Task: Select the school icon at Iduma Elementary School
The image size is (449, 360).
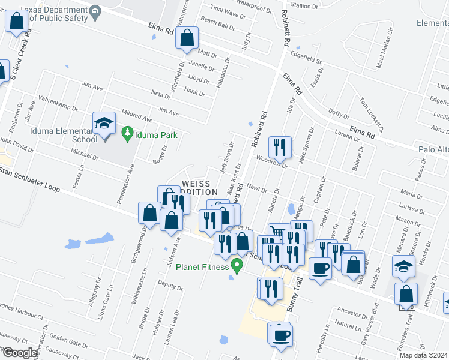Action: (104, 124)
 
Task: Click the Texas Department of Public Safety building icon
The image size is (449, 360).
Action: (95, 13)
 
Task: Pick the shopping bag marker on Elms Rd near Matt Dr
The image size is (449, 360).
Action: (187, 38)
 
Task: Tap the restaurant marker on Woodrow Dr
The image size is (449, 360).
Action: (280, 146)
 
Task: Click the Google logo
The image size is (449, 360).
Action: (19, 353)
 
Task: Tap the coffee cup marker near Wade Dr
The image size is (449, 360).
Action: (321, 268)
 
